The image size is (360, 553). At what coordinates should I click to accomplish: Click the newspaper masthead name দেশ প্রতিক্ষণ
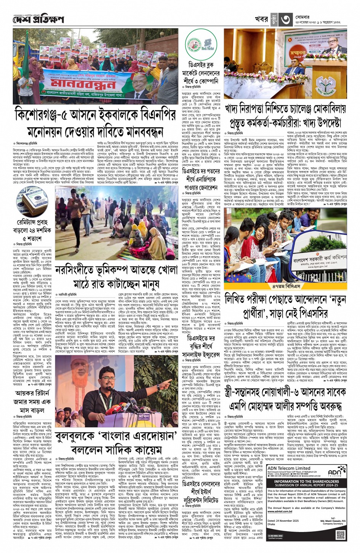click(38, 19)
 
